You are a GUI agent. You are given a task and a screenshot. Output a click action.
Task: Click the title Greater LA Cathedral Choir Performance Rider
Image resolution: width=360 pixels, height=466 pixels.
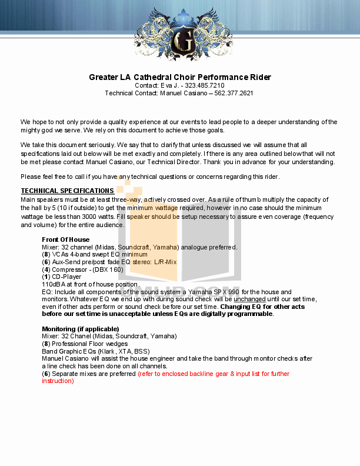coord(179,77)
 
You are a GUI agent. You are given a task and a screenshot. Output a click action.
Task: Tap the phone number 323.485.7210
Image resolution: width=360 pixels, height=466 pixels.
coord(205,85)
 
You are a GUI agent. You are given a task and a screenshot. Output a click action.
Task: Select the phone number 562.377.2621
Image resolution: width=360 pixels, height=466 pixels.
coord(234,93)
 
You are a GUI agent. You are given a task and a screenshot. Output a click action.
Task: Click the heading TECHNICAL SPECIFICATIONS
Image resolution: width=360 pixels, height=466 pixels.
coord(67,191)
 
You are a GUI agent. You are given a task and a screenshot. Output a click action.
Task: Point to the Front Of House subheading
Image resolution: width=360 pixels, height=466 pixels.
coord(65,239)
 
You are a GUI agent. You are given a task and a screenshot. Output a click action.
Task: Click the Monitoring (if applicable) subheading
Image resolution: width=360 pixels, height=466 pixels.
coord(76,328)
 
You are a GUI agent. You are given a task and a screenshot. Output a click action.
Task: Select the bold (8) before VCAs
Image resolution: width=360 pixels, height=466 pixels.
coord(46,255)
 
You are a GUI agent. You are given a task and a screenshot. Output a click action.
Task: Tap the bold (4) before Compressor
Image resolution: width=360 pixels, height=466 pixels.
coord(46,269)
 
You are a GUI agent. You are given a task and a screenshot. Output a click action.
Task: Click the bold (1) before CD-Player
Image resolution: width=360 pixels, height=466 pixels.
coord(46,277)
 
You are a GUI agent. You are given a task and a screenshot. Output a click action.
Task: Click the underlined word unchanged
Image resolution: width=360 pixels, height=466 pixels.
coord(249,299)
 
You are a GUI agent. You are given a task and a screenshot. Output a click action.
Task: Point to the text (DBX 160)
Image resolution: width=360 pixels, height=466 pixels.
coord(108,269)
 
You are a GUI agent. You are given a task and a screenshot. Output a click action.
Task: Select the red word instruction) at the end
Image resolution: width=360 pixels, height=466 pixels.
coord(58,381)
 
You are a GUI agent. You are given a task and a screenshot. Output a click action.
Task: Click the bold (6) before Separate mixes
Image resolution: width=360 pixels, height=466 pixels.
coord(46,374)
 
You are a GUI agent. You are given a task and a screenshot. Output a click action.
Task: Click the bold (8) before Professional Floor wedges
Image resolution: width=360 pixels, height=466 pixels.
coord(46,344)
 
